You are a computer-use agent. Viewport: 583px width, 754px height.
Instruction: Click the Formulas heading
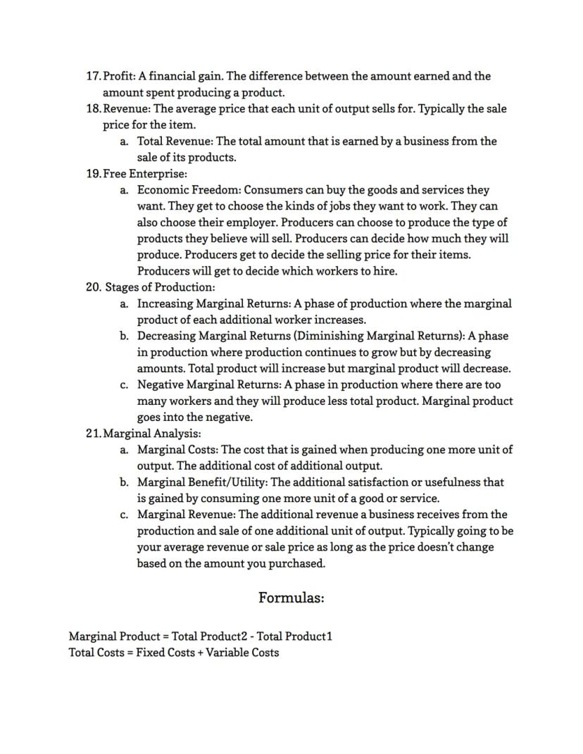tap(291, 598)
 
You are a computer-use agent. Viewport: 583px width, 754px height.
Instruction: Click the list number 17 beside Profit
tap(93, 76)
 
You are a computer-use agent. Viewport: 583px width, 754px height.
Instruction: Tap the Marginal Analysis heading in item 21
tap(151, 434)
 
